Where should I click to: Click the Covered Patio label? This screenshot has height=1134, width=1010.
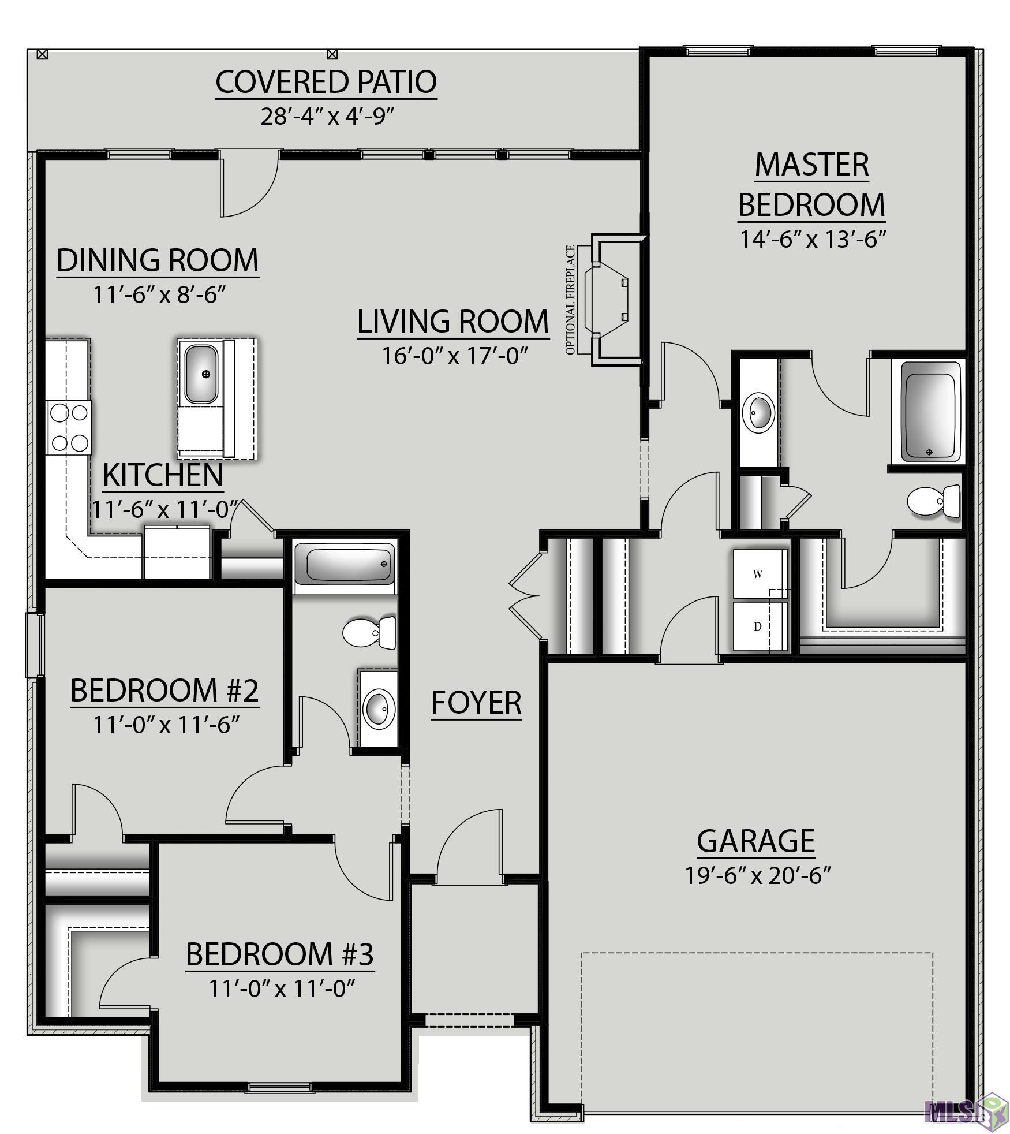click(x=326, y=82)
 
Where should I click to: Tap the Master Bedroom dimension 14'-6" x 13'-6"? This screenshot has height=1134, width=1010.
click(x=813, y=238)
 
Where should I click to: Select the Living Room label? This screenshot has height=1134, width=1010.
click(x=453, y=322)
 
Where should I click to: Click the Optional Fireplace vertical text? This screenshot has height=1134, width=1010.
click(x=571, y=300)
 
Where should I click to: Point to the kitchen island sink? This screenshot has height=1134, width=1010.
click(x=200, y=374)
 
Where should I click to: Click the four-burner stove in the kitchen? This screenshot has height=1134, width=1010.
click(x=69, y=427)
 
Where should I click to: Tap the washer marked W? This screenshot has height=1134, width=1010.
click(x=760, y=573)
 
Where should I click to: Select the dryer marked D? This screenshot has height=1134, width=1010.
click(x=760, y=626)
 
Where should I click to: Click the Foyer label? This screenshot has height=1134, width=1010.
click(x=476, y=703)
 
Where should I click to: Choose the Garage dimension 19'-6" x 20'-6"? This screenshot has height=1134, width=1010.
click(x=757, y=875)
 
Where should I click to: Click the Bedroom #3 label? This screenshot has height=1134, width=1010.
click(x=280, y=954)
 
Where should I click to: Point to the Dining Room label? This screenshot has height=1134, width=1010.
click(x=158, y=260)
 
